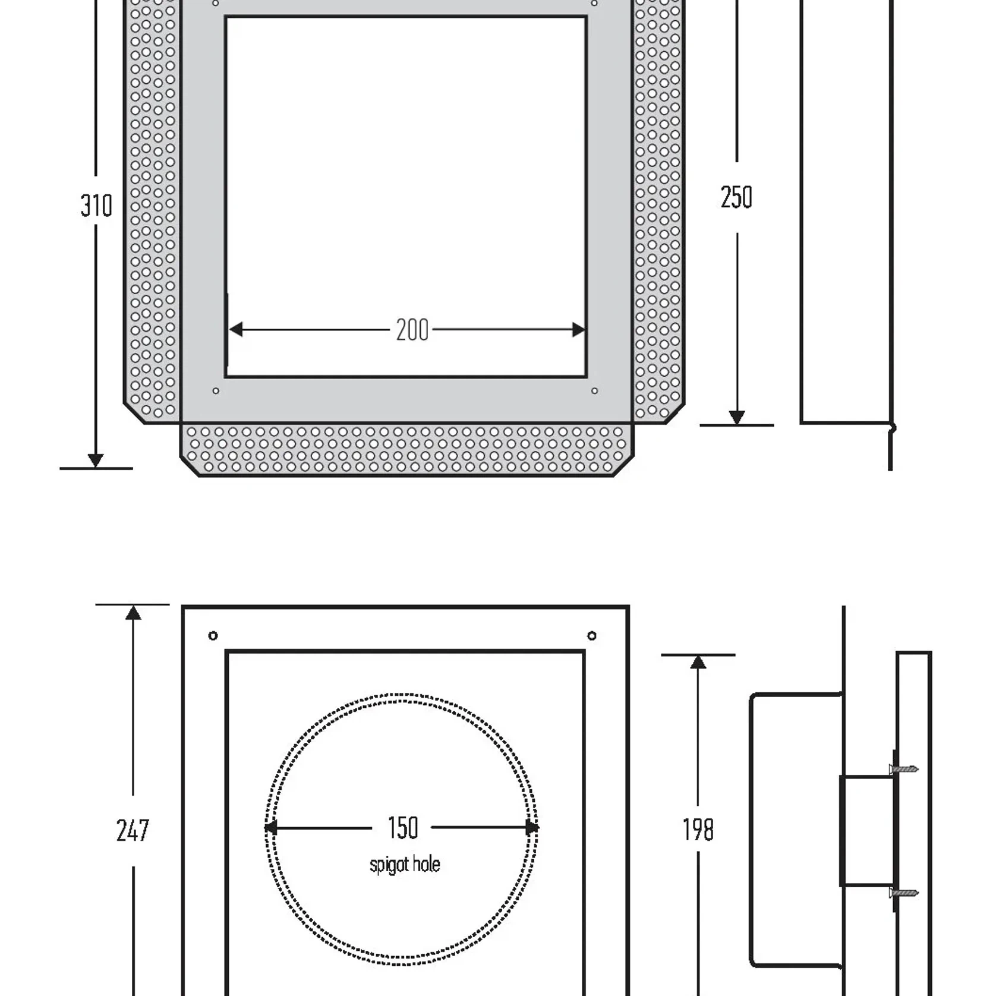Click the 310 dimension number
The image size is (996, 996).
(x=96, y=206)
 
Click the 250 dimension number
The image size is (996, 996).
(x=736, y=197)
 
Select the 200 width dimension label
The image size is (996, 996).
(x=412, y=330)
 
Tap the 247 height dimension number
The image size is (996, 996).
(x=133, y=830)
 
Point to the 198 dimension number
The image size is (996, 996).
(x=698, y=830)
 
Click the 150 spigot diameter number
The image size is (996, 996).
(x=403, y=828)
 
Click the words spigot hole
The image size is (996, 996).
(x=405, y=864)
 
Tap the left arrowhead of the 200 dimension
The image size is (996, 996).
(x=236, y=329)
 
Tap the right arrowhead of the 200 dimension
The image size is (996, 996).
(x=578, y=329)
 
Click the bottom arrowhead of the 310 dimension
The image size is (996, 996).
(x=96, y=460)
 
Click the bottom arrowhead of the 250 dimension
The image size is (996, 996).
(x=737, y=417)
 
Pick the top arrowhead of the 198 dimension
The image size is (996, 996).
(x=698, y=663)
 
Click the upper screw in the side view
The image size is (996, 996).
(x=904, y=769)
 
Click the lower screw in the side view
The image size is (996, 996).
(x=904, y=893)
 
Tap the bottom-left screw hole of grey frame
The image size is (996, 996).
(x=216, y=390)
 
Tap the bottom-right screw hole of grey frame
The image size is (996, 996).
(x=594, y=390)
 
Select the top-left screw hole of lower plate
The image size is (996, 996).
(x=213, y=636)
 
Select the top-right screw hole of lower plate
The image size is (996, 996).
(x=591, y=636)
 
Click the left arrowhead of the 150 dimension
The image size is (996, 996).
(x=271, y=827)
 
